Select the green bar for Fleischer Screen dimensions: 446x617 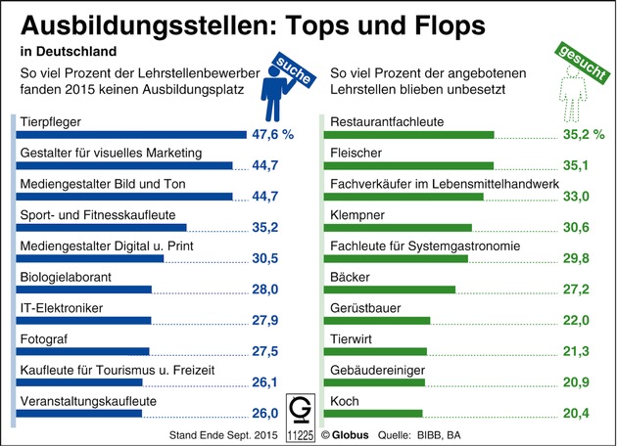click(x=412, y=166)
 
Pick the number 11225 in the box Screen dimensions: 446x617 click(x=301, y=429)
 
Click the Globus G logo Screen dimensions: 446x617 click(x=301, y=409)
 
